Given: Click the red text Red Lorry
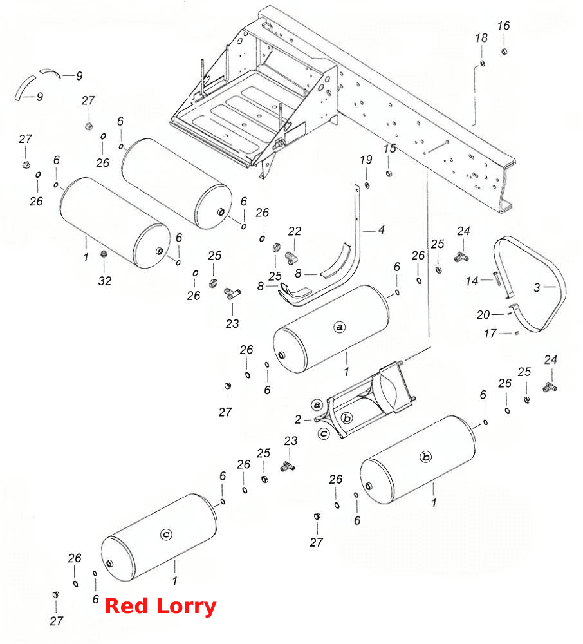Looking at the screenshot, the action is pos(160,606).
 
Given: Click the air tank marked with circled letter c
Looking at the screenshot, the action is pos(159,537).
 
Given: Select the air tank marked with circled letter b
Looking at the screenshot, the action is pos(418,460).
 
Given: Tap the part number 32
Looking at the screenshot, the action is pos(105,281).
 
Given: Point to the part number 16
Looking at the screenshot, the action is pos(503,26).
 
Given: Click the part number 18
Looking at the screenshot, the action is pos(481,38).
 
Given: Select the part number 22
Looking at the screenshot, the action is pos(294,231).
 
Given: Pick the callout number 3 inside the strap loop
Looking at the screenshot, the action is pos(537,287).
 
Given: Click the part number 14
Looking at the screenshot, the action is pos(472,281).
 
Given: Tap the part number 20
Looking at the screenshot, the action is pos(483,315).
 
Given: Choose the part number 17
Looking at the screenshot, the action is pos(490,334).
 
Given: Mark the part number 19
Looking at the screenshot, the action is pos(366,160).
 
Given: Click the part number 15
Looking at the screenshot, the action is pos(390,148).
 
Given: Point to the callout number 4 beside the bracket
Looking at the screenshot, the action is pos(382,230).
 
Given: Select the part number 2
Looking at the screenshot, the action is pos(298,419).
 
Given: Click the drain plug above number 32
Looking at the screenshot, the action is pos(104,254).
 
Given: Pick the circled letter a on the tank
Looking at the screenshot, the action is pos(339,327).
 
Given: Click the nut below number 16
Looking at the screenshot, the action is pos(504,51).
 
